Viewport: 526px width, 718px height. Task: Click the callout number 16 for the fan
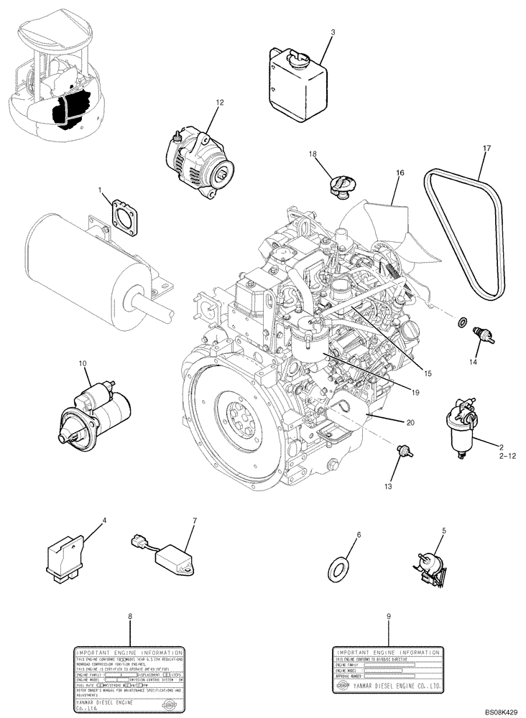(400, 173)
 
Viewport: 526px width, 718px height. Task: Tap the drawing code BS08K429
(500, 711)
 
